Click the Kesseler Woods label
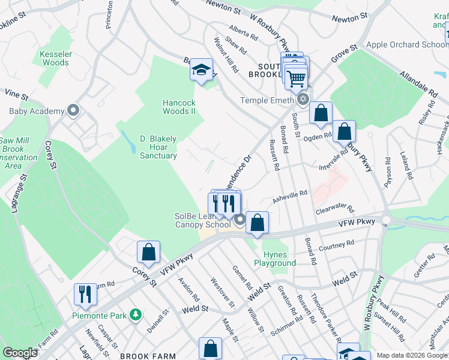click(55, 58)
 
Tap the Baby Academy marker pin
click(73, 111)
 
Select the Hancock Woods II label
click(179, 107)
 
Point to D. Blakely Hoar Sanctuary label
click(158, 147)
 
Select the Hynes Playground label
click(275, 259)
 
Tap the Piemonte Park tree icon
click(136, 314)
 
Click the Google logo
click(20, 353)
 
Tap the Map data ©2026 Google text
click(412, 355)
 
